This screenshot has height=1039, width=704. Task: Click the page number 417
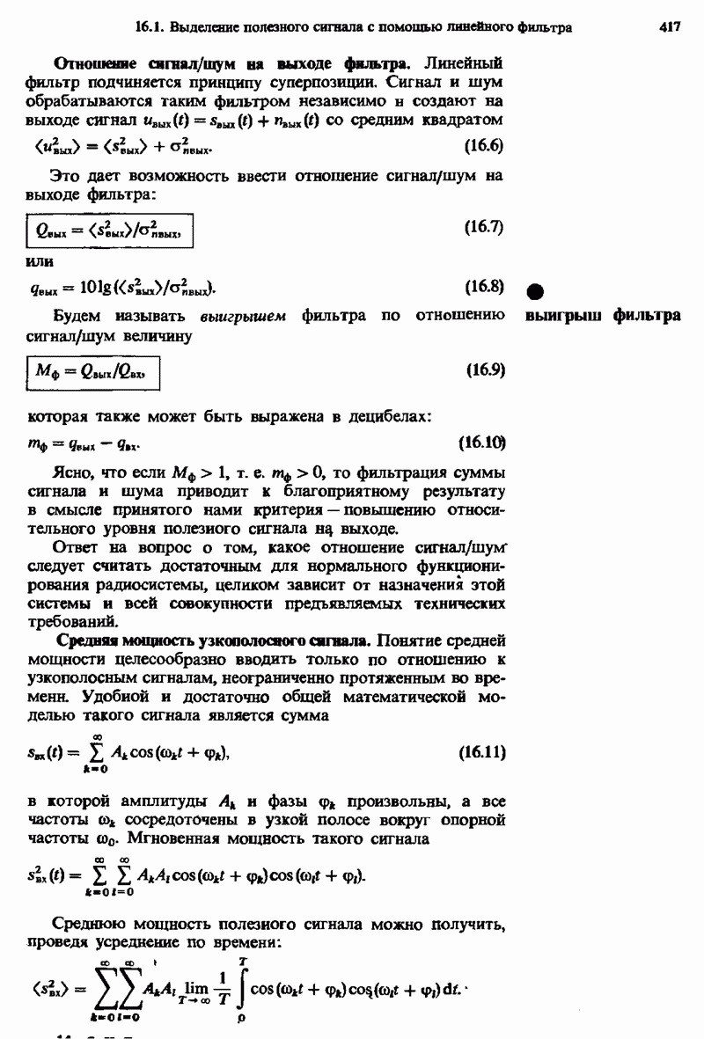click(670, 27)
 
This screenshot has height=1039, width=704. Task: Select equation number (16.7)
click(482, 227)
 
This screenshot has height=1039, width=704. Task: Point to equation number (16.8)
click(482, 286)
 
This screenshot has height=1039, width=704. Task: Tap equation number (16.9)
click(482, 370)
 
